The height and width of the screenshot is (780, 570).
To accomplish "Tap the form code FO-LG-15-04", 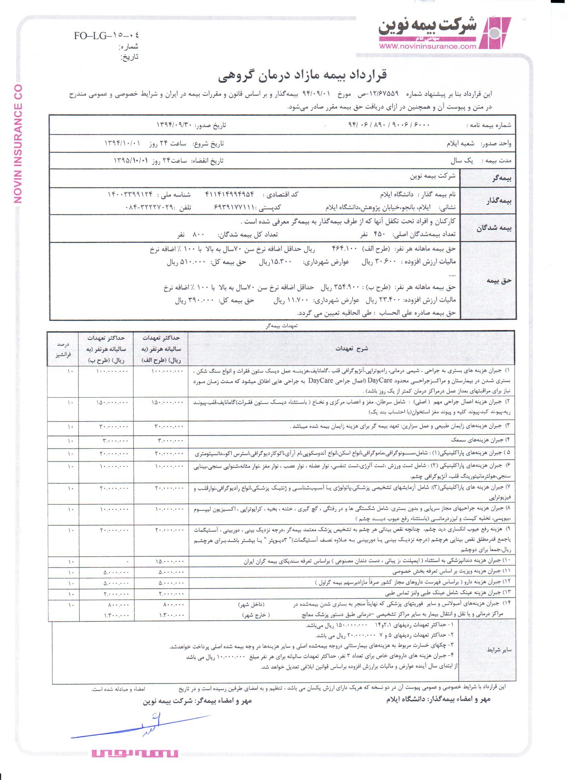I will [106, 36].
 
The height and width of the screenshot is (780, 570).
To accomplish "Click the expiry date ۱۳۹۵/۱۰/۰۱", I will [131, 161].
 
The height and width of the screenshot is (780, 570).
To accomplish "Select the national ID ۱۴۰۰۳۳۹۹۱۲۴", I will [130, 194].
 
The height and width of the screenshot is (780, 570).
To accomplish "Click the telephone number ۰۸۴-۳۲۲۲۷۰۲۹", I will [149, 208].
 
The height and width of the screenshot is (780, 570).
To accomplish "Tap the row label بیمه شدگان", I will [494, 228].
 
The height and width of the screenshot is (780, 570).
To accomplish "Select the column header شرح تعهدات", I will [352, 348].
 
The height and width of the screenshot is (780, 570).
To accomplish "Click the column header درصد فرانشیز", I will [63, 349].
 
